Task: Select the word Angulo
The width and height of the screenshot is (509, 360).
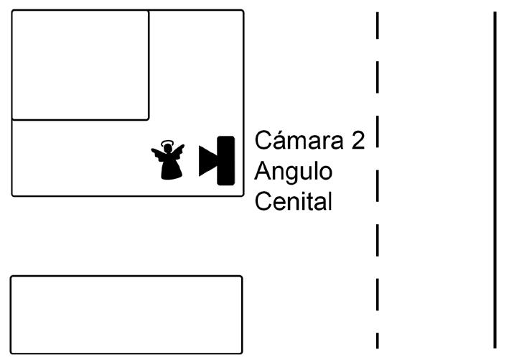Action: (294, 172)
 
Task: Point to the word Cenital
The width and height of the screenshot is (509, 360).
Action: (294, 202)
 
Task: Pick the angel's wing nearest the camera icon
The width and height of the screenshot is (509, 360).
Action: (179, 151)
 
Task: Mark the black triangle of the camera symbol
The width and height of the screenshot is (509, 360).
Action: (207, 161)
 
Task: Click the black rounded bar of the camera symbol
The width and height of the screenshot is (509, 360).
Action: (226, 161)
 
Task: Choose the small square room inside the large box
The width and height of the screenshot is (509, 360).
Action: (80, 65)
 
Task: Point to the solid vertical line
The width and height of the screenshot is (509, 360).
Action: (495, 180)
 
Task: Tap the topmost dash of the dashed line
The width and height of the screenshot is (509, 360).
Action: (377, 26)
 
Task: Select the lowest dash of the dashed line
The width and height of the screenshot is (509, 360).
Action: (377, 340)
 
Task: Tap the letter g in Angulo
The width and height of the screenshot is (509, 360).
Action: (295, 175)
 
